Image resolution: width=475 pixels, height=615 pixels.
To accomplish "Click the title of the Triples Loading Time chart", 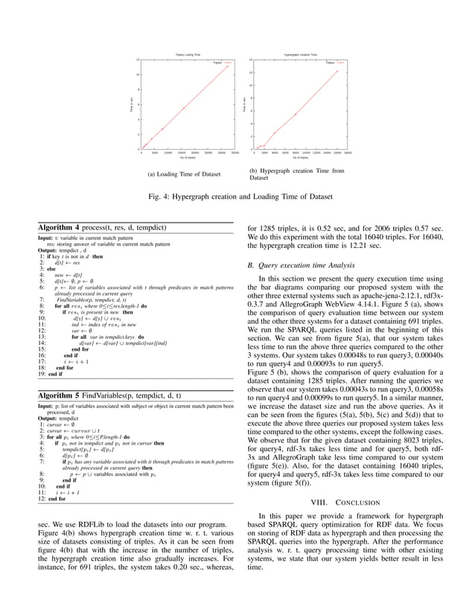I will click(x=187, y=55).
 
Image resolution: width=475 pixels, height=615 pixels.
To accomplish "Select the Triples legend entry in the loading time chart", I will click(x=217, y=63).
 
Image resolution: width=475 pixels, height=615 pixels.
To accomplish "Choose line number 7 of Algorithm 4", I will click(x=42, y=298).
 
